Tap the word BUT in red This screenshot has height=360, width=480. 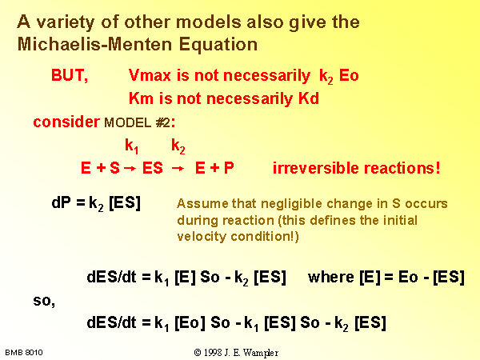tap(68, 75)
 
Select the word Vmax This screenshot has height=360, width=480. tap(150, 75)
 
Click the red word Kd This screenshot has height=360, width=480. tap(309, 98)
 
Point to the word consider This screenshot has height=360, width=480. tap(66, 122)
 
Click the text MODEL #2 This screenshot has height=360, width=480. tap(137, 122)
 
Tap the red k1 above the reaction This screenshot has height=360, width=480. tap(132, 146)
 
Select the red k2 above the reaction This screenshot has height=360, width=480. tap(178, 146)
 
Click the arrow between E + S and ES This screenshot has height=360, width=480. tap(130, 169)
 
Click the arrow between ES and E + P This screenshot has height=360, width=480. tap(178, 169)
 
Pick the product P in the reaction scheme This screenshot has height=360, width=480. tap(229, 168)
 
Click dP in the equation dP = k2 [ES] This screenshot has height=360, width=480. tap(62, 202)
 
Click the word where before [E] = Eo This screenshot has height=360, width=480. tap(331, 277)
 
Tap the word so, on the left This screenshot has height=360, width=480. tap(44, 301)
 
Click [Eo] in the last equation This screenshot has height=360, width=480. tap(190, 322)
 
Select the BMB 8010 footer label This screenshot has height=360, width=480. tap(24, 353)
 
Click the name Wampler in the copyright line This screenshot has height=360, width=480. tap(261, 353)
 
